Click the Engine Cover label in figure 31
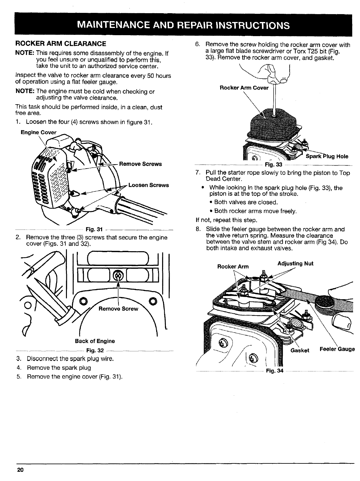pos(38,132)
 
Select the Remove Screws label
pos(140,164)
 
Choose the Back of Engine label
pos(95,341)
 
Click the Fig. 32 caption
pos(95,350)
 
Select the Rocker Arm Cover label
pos(244,88)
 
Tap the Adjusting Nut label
pos(295,263)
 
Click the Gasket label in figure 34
pos(300,350)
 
